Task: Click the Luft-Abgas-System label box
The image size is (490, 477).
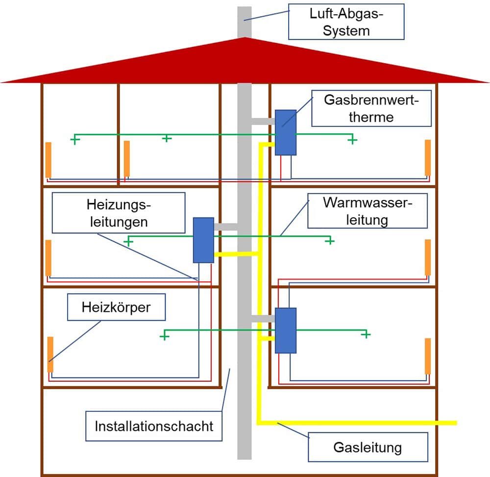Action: pyautogui.click(x=346, y=22)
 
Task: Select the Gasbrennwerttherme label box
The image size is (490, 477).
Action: pyautogui.click(x=371, y=108)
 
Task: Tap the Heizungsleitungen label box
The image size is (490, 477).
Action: pyautogui.click(x=119, y=213)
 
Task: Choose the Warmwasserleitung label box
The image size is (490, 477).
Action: pyautogui.click(x=367, y=211)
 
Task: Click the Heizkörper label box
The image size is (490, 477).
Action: pyautogui.click(x=116, y=307)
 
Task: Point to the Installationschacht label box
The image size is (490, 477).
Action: pyautogui.click(x=154, y=426)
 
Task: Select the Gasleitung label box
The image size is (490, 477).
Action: pyautogui.click(x=368, y=447)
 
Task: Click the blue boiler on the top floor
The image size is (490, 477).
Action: pyautogui.click(x=286, y=132)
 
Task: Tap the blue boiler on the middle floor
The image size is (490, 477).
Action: pyautogui.click(x=203, y=240)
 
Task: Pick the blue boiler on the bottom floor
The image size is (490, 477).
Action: pyautogui.click(x=286, y=330)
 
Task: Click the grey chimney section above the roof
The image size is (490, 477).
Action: pyautogui.click(x=245, y=22)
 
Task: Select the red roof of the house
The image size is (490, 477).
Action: pyautogui.click(x=245, y=60)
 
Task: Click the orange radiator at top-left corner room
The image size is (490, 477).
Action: pyautogui.click(x=49, y=160)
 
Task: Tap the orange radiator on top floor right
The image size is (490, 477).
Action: pyautogui.click(x=428, y=157)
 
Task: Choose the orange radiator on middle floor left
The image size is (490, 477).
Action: pyautogui.click(x=49, y=258)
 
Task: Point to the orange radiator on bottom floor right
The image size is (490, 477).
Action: pyautogui.click(x=428, y=356)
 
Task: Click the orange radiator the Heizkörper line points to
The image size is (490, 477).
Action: pyautogui.click(x=50, y=354)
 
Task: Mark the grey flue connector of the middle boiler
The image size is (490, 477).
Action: pyautogui.click(x=225, y=226)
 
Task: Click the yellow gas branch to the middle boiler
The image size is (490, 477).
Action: pyautogui.click(x=236, y=254)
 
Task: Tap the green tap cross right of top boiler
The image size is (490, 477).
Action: pyautogui.click(x=352, y=140)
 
